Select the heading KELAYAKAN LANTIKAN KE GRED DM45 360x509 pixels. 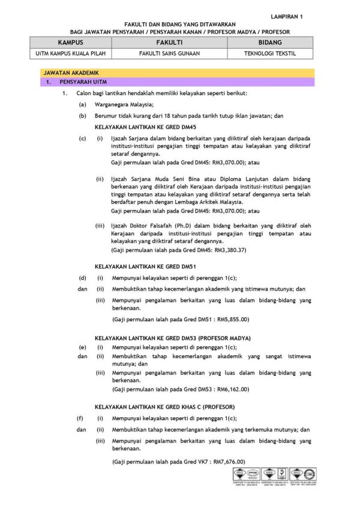pyautogui.click(x=146, y=127)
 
